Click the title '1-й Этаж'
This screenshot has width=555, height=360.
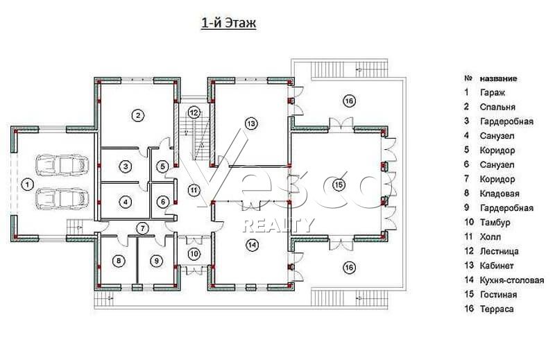tap(229, 23)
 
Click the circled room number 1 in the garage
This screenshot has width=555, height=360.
tap(27, 185)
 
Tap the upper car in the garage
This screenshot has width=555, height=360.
tap(62, 164)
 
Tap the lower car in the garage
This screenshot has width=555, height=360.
tap(62, 198)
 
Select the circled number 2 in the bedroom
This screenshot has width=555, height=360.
tap(138, 115)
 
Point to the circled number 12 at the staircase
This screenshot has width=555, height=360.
tap(194, 112)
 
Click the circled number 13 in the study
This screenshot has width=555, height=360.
tap(251, 123)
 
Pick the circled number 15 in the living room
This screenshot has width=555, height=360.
tap(339, 185)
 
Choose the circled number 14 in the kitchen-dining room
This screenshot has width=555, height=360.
tap(253, 245)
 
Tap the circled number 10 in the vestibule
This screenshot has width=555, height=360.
tap(194, 253)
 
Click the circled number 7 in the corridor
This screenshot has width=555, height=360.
tap(143, 228)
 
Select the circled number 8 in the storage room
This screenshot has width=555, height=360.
tap(119, 262)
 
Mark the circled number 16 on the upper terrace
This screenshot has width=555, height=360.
tap(349, 101)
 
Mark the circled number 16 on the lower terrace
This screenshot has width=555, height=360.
tap(350, 267)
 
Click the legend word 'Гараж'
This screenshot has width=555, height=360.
tap(493, 93)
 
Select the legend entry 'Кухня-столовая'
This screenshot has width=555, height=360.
tap(512, 280)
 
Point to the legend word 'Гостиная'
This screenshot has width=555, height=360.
tap(498, 295)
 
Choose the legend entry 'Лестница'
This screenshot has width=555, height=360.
tap(499, 251)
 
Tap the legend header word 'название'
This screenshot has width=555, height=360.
tap(498, 78)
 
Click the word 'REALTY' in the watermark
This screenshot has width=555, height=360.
tap(279, 225)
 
